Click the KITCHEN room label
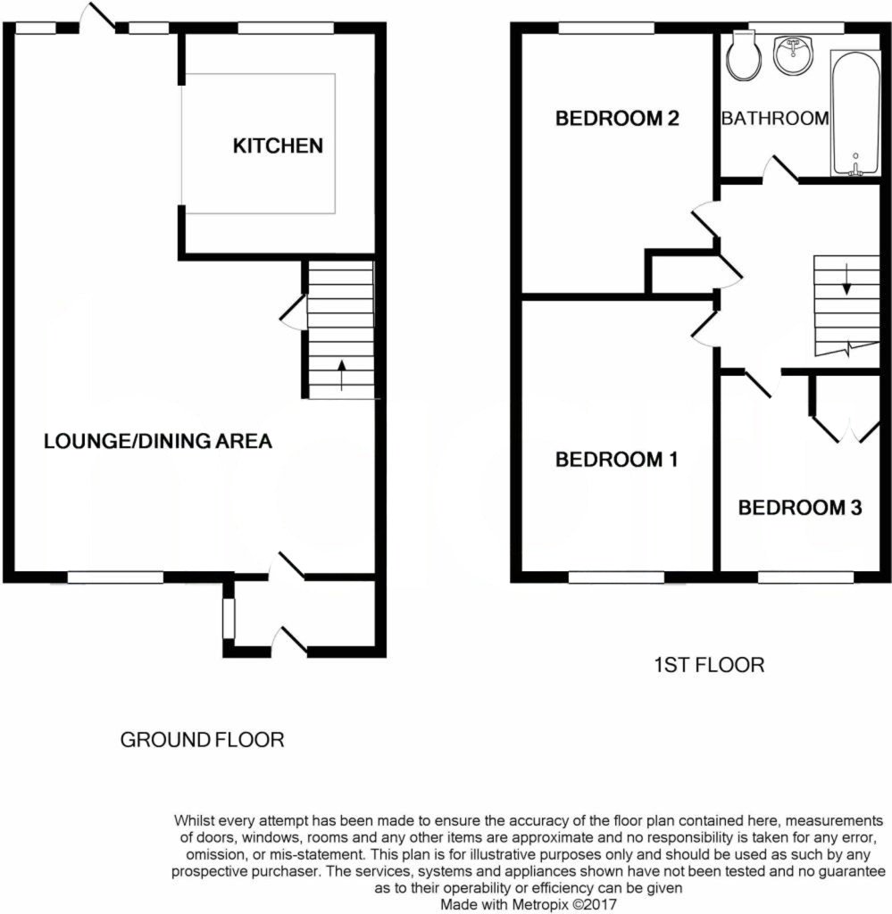278,145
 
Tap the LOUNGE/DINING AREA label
157,440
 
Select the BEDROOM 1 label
616,460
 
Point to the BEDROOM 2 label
617,118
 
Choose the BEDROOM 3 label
799,508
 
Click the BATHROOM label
774,118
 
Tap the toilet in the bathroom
743,55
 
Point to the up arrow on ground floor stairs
341,376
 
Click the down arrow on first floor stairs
846,282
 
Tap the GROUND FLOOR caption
203,740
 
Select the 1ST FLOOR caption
708,665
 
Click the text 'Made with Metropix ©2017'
529,903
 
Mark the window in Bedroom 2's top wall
607,29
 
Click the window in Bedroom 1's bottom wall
617,577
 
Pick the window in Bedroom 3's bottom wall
805,577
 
